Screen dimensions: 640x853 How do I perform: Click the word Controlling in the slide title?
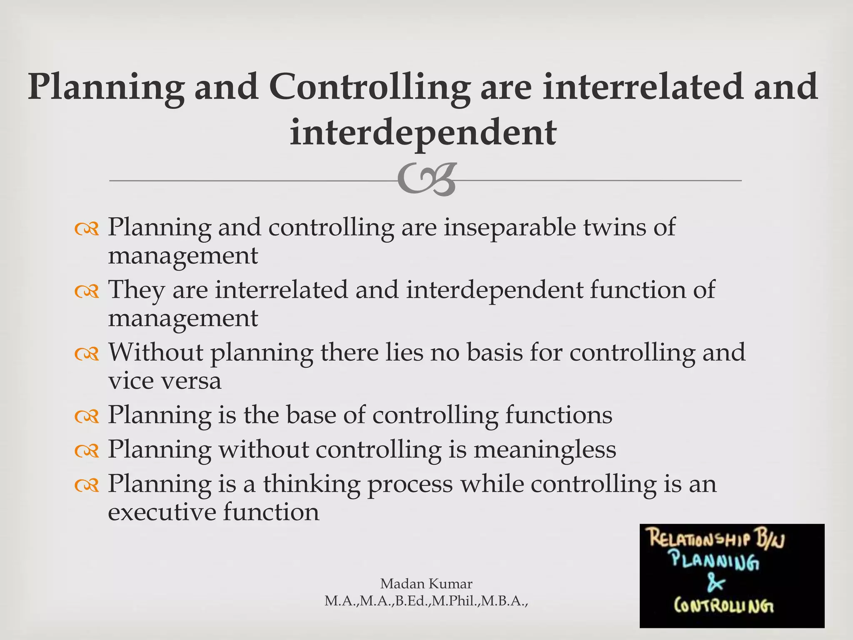click(369, 87)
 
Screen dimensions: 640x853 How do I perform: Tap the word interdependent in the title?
click(423, 132)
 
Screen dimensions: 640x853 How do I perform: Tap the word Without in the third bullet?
click(156, 352)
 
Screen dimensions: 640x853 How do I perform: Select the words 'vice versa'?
click(165, 381)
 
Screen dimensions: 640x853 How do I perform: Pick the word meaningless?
click(545, 450)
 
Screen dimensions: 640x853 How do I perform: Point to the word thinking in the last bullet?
click(311, 484)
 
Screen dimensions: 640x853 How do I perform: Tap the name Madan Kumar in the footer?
click(426, 584)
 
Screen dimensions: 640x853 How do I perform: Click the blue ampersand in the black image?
click(716, 584)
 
